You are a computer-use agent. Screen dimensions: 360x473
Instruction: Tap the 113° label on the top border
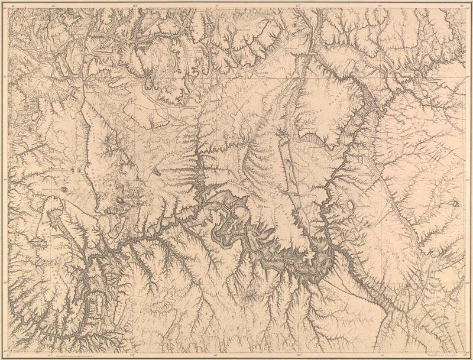pyautogui.click(x=135, y=5)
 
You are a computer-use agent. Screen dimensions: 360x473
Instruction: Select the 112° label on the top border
pyautogui.click(x=299, y=5)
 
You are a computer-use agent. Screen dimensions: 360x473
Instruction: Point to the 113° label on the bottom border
pyautogui.click(x=132, y=355)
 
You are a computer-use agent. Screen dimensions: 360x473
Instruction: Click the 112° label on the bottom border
pyautogui.click(x=299, y=355)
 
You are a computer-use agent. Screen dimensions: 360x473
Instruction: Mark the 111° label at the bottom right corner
pyautogui.click(x=465, y=355)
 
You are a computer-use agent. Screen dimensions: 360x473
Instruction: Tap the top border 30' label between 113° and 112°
pyautogui.click(x=217, y=5)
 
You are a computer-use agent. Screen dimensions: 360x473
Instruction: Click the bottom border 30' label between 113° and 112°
pyautogui.click(x=216, y=355)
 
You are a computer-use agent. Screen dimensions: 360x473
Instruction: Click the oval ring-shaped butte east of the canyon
pyautogui.click(x=352, y=205)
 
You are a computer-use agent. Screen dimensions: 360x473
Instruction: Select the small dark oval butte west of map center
pyautogui.click(x=157, y=171)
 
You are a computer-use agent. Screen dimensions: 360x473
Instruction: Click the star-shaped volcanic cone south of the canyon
pyautogui.click(x=254, y=294)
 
